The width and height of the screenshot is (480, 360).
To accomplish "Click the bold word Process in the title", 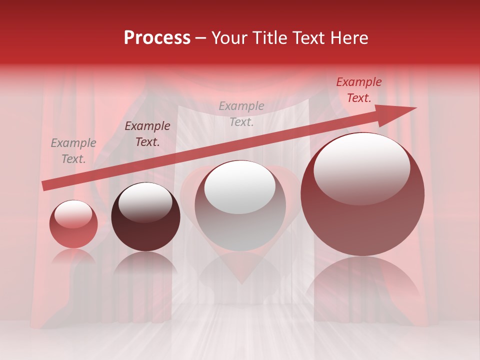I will click(x=157, y=38).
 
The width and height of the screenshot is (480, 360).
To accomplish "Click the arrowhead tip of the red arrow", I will click(x=415, y=108).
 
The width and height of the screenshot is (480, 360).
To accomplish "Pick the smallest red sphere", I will click(x=73, y=224).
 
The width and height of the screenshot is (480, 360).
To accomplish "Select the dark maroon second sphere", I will click(x=145, y=217).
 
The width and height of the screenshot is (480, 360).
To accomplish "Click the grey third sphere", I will click(x=240, y=206).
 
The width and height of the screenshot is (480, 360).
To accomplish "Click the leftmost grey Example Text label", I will click(x=73, y=151).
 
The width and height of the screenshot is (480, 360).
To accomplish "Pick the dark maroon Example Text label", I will click(x=147, y=134).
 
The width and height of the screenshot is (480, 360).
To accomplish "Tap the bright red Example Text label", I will click(x=359, y=90).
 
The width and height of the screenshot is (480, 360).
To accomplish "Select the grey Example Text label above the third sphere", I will click(x=241, y=113).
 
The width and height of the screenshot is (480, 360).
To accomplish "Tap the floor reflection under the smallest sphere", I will click(x=73, y=257).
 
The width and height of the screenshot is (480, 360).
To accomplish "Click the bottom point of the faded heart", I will click(x=241, y=283).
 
